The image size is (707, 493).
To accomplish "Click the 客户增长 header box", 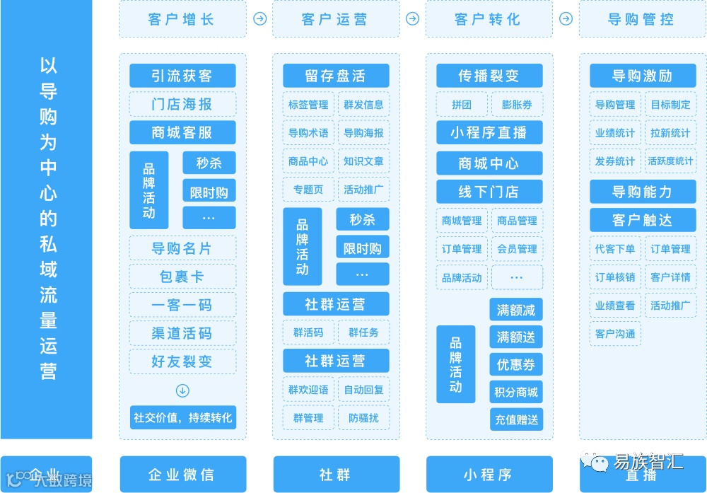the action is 182,19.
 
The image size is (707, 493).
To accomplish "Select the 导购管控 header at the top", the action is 641,19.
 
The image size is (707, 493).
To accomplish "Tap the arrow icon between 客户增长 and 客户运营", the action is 259,19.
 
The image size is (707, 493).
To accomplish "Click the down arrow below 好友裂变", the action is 182,390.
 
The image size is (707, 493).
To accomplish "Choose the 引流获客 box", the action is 182,76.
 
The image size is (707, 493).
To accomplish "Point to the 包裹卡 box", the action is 182,277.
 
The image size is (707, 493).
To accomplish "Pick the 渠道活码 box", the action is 182,333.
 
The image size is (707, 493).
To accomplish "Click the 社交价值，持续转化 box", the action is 182,417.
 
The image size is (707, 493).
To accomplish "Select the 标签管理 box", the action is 308,105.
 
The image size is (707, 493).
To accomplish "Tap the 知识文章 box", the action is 363,161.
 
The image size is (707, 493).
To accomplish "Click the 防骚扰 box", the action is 363,418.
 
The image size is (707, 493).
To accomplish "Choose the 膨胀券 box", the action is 517,105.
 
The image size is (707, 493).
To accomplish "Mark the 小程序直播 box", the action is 489,132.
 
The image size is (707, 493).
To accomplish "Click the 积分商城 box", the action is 516,392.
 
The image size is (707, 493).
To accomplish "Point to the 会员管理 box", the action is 517,249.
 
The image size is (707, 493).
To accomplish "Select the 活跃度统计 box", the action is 670,161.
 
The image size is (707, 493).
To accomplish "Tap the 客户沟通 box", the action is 615,334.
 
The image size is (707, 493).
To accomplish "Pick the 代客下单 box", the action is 615,249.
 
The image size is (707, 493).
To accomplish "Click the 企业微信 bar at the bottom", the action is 182,474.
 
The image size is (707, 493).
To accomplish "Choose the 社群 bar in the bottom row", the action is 336,474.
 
